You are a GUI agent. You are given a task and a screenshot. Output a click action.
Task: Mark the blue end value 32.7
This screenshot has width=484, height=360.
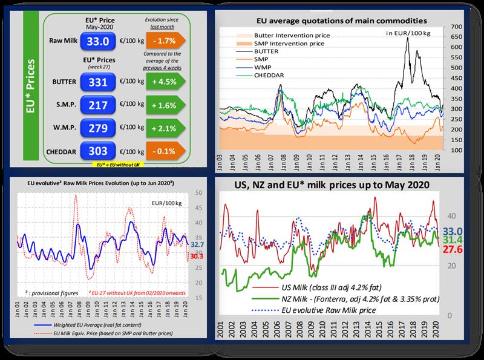[x=195, y=244]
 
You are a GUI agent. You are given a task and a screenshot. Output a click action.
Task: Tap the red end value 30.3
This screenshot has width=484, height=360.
[x=195, y=257]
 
